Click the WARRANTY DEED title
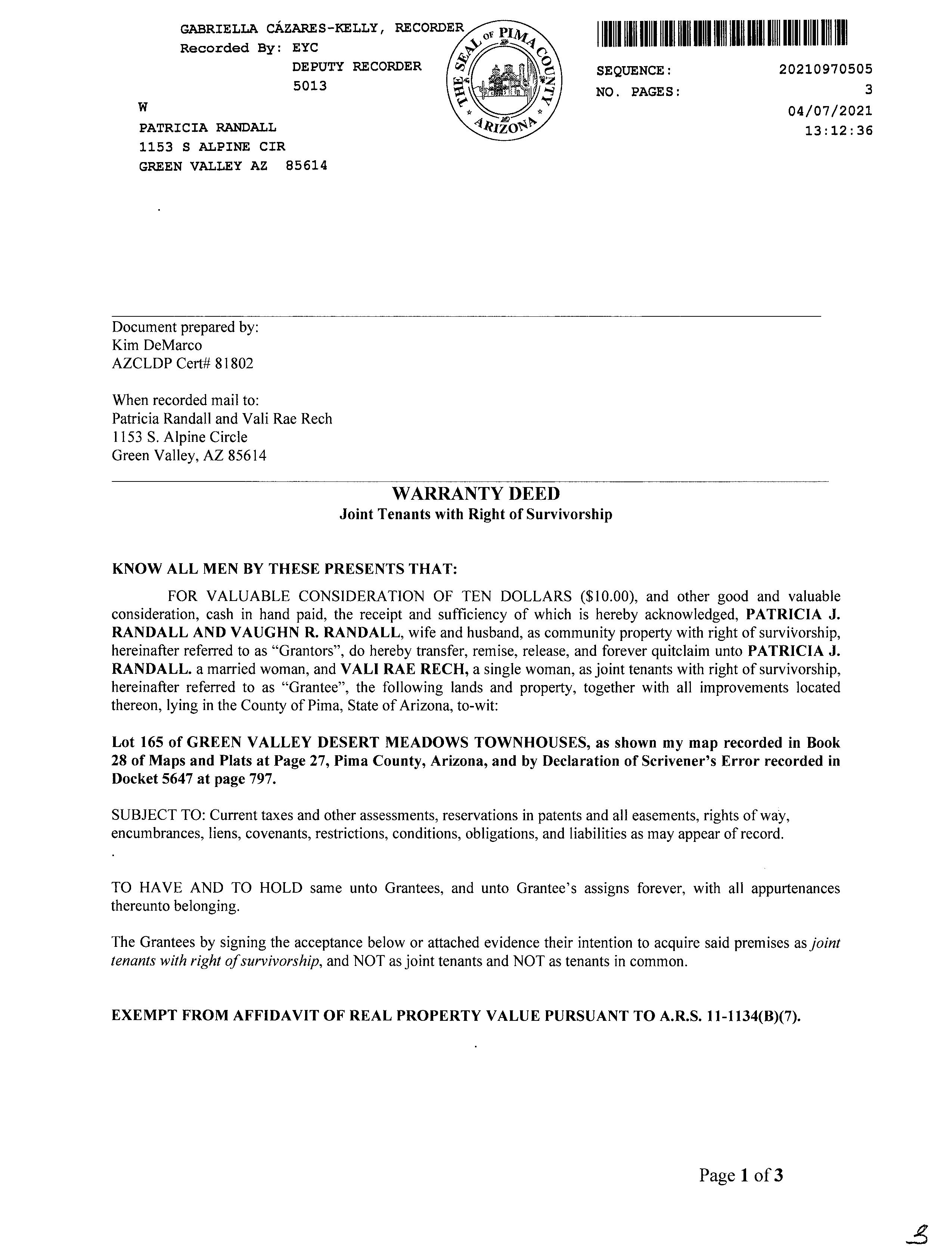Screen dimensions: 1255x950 click(475, 494)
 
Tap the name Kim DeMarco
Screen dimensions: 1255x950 click(156, 345)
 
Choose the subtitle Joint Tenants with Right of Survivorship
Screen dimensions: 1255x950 click(475, 515)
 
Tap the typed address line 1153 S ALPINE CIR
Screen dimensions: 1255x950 click(212, 147)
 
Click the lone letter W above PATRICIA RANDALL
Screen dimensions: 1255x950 click(143, 107)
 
